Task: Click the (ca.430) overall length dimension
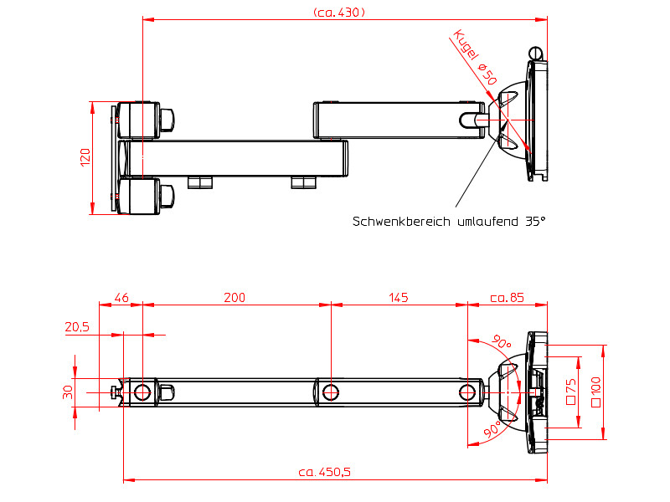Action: coord(338,12)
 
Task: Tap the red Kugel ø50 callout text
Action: coord(476,57)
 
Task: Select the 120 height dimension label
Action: coord(85,157)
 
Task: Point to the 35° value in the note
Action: coord(535,222)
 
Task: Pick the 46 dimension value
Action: coord(121,298)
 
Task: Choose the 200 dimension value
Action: coord(235,298)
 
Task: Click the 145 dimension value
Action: coord(398,298)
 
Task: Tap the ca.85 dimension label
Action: coord(507,298)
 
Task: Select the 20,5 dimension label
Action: coord(77,327)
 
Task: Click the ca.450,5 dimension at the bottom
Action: coord(324,472)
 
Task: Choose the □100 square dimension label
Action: coord(595,392)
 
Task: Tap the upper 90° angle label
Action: coord(501,343)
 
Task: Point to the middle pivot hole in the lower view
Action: coord(331,392)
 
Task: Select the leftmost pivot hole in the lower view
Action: coord(142,392)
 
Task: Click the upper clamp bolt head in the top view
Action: coord(167,119)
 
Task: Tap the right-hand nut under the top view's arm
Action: coord(302,182)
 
